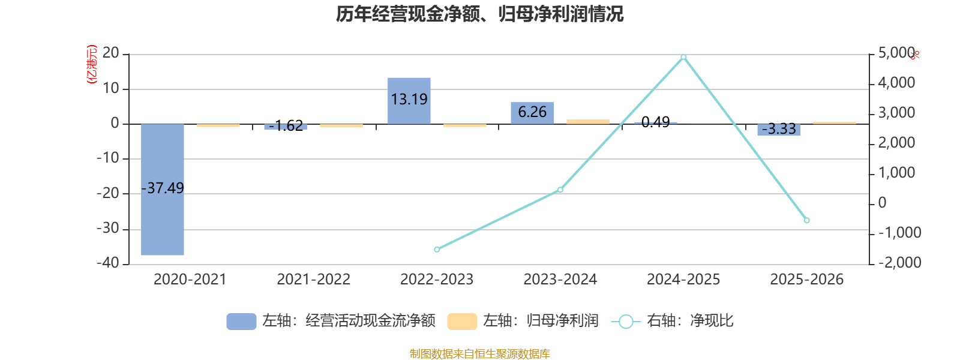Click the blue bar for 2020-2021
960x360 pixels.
click(x=163, y=190)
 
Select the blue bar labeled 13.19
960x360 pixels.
click(x=409, y=101)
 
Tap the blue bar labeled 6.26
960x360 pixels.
click(x=532, y=113)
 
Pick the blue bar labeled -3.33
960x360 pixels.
click(x=779, y=130)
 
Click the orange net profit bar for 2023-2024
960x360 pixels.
click(x=588, y=122)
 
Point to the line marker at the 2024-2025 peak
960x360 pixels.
click(x=683, y=57)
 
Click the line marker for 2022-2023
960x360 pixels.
click(x=437, y=250)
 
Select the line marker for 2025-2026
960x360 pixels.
click(x=806, y=220)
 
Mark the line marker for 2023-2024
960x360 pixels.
click(x=560, y=190)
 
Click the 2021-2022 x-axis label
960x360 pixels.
click(x=313, y=280)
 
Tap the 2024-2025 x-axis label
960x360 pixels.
click(x=683, y=280)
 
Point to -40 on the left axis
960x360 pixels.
click(x=107, y=263)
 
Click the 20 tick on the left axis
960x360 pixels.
click(x=110, y=53)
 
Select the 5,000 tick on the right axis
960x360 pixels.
click(x=896, y=53)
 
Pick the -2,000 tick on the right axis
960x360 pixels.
click(x=899, y=262)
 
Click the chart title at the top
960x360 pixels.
click(x=479, y=14)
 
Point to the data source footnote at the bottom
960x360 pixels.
click(x=479, y=353)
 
